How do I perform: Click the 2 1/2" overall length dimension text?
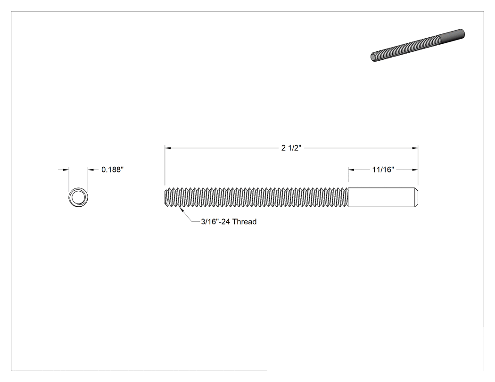click(x=291, y=148)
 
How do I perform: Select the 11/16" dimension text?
click(x=383, y=170)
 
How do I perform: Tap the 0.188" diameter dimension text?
click(x=112, y=170)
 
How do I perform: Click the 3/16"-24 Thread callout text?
click(x=229, y=222)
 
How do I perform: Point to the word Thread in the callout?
click(x=244, y=222)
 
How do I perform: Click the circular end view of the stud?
click(x=78, y=197)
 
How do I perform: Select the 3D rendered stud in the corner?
click(x=417, y=45)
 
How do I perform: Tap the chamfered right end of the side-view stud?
click(x=416, y=197)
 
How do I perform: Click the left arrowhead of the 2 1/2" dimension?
click(x=168, y=147)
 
